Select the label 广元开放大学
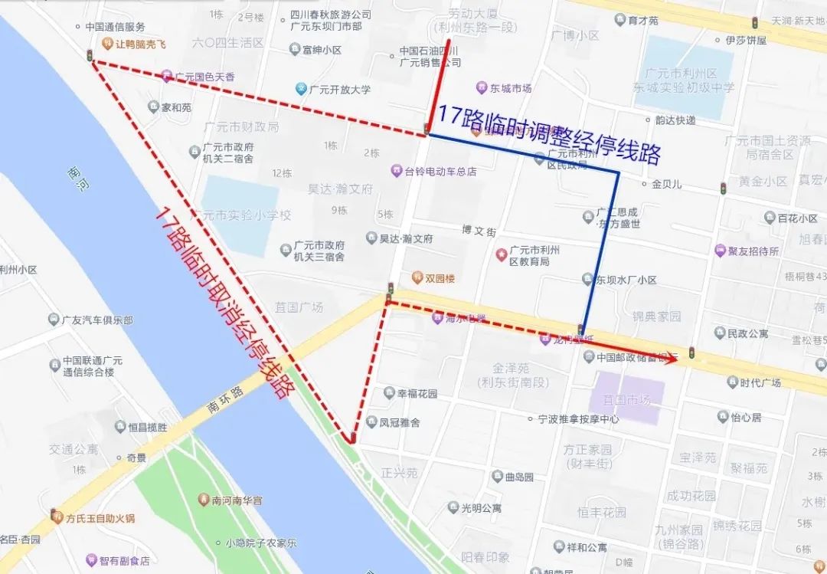[339, 90]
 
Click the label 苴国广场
[299, 307]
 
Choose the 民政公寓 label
[747, 333]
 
